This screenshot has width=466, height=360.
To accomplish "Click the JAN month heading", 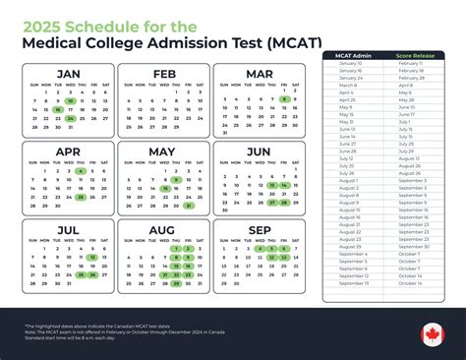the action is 67,74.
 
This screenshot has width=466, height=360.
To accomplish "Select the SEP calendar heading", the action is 259,232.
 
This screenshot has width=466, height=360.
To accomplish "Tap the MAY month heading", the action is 163,152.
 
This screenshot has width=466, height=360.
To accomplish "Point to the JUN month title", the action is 259,152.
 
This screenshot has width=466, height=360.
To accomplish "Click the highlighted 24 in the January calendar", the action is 71,118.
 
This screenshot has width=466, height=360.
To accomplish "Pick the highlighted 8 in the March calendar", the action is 284,99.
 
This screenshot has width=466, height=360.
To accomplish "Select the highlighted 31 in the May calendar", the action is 188,206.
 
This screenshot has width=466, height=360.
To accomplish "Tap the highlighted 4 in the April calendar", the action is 81,170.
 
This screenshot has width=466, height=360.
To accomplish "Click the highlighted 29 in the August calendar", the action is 176,284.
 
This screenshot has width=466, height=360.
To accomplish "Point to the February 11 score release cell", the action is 413,63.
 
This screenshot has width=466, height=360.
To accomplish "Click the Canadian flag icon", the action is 433,333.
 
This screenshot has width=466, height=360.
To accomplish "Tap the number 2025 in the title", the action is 53,16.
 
